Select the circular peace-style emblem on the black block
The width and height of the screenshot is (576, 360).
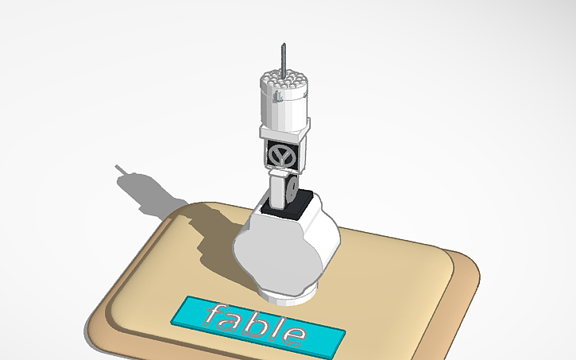pos(281,153)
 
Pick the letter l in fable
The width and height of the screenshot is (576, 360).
pos(274,327)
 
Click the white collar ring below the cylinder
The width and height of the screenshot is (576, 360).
pos(284,132)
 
